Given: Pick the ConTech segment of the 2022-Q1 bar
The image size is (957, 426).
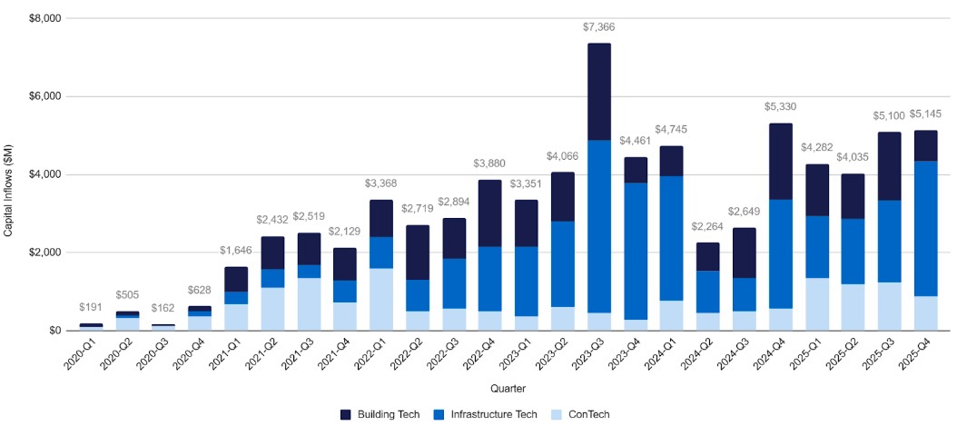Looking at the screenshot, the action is (x=381, y=300).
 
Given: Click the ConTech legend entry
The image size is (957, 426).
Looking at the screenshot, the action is (x=584, y=415).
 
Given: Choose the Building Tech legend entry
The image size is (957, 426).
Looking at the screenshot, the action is (x=380, y=415).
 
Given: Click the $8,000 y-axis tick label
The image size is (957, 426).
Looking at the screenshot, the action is (x=44, y=18).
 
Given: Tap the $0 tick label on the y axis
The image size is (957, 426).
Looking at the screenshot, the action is (x=53, y=331).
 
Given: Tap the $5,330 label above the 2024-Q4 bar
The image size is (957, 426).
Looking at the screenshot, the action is (x=780, y=107).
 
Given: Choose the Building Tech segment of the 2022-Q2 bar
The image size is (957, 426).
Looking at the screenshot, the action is (x=418, y=253).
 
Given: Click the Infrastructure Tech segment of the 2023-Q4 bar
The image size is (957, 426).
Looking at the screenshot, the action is (x=636, y=252).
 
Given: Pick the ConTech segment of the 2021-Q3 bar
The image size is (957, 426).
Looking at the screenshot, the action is (x=309, y=304).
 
